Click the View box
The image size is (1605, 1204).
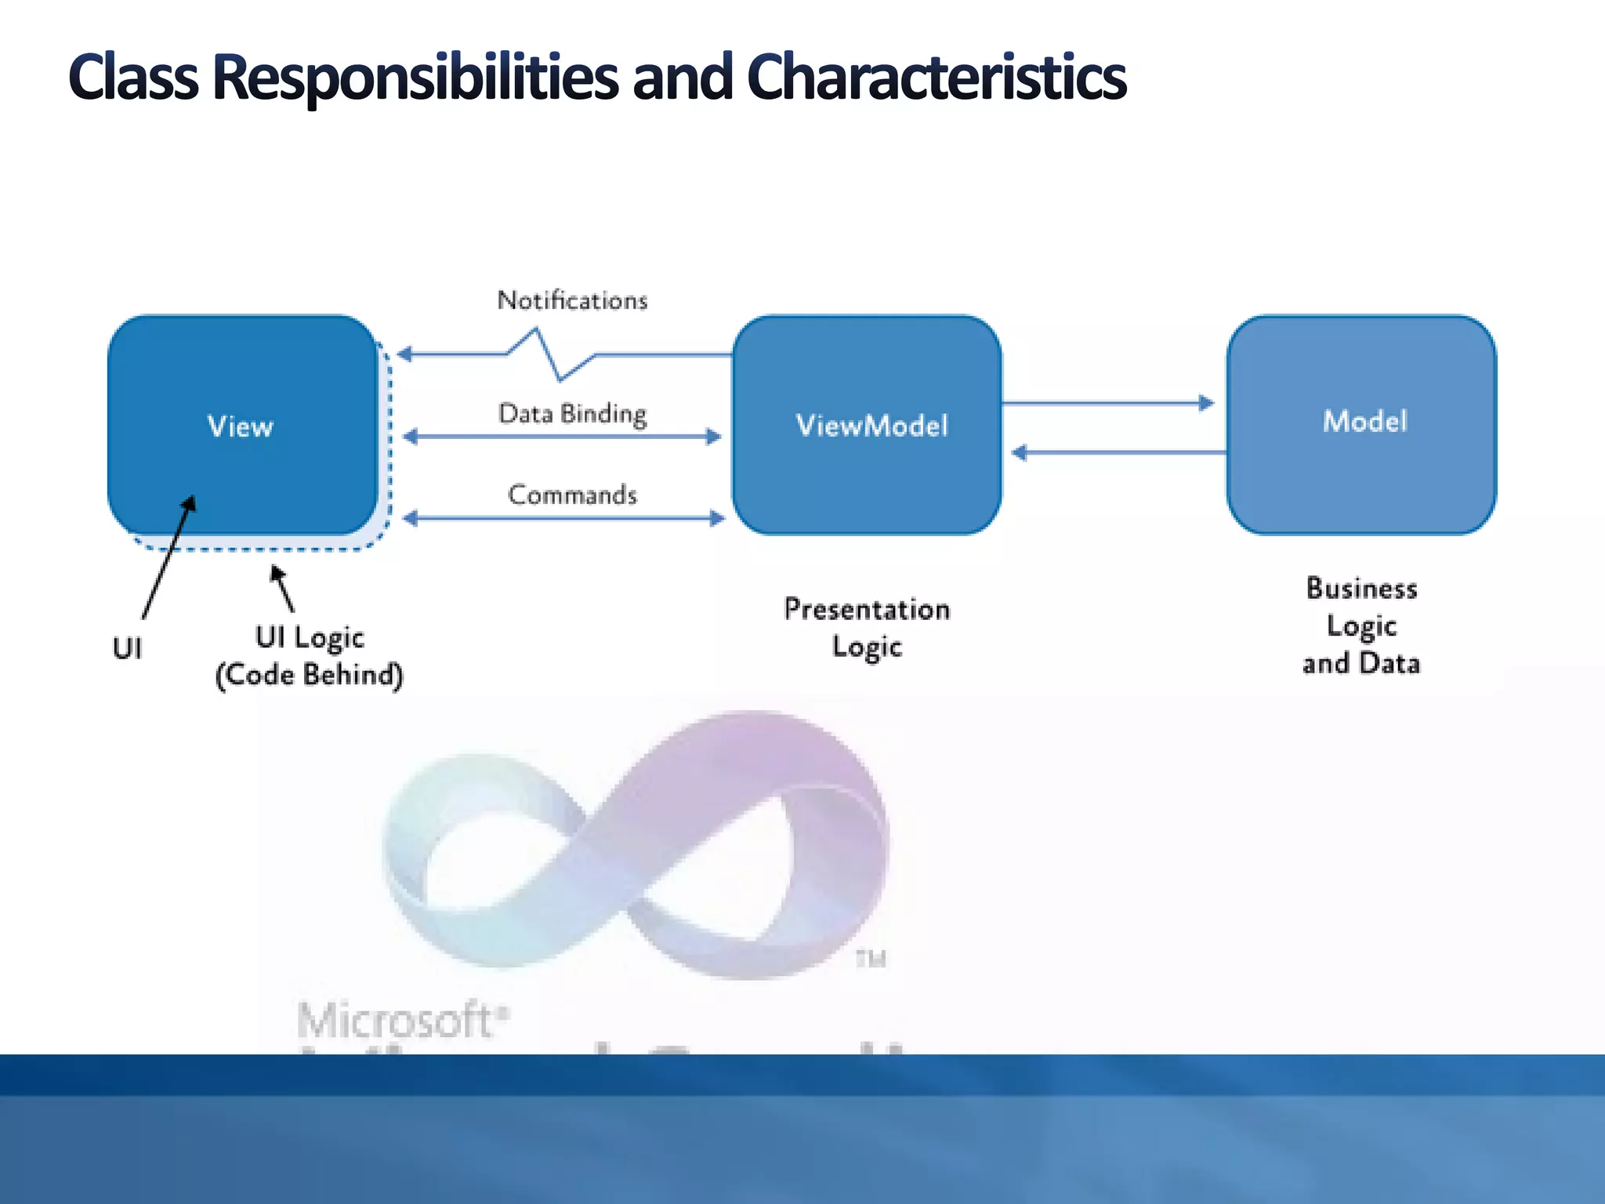(x=242, y=425)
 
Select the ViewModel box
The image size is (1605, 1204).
(x=867, y=425)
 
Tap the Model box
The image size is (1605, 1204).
(x=1361, y=423)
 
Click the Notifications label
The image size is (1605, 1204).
(x=572, y=300)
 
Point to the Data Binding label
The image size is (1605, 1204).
(x=572, y=413)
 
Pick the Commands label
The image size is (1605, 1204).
(x=572, y=495)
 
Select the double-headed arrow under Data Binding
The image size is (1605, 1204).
(x=563, y=437)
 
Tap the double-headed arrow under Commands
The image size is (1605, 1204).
(x=563, y=518)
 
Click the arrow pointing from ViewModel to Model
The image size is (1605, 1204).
(x=1108, y=404)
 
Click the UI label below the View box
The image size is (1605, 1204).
(x=127, y=649)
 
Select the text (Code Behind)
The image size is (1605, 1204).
(x=310, y=675)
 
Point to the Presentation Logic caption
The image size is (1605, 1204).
(x=867, y=628)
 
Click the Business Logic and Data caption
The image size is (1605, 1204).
(x=1361, y=626)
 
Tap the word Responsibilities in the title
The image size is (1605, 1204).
(x=415, y=78)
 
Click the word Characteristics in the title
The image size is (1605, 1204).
(x=937, y=78)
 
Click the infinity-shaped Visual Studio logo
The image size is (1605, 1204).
(x=635, y=847)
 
